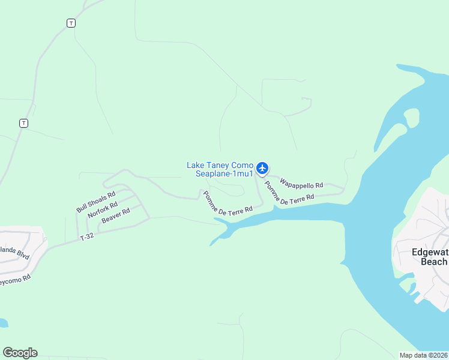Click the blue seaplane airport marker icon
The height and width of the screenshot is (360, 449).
click(262, 168)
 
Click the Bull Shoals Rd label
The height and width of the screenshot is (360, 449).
click(95, 202)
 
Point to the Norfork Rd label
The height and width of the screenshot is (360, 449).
click(103, 210)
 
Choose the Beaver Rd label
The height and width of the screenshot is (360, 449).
click(116, 216)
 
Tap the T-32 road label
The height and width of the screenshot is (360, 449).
click(88, 238)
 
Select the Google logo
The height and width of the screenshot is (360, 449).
click(20, 353)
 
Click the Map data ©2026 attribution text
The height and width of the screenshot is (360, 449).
click(424, 355)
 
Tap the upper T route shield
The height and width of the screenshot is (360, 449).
click(71, 23)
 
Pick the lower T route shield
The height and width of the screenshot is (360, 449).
click(23, 123)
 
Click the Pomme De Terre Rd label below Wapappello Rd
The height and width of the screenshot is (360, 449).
click(288, 194)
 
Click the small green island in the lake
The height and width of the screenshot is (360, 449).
click(412, 116)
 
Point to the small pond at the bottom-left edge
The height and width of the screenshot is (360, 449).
click(3, 323)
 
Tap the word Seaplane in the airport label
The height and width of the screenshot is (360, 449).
click(213, 174)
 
